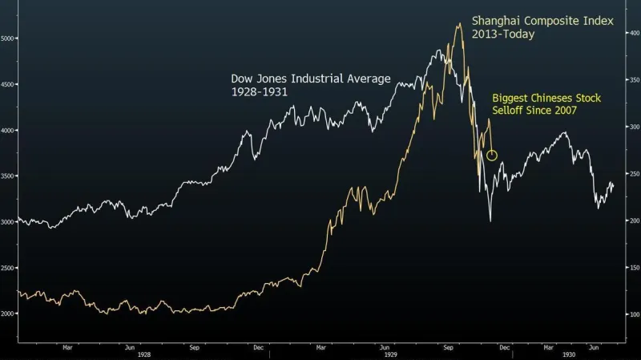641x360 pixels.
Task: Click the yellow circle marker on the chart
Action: point(492,155)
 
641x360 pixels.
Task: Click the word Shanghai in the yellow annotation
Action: point(495,19)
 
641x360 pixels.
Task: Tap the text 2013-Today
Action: point(503,34)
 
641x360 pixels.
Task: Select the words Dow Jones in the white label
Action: point(258,79)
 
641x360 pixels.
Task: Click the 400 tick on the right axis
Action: point(633,33)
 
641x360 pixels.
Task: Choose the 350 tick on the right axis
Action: point(633,80)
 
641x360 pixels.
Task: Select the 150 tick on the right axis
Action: point(633,268)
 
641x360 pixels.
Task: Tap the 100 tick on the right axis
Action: point(633,314)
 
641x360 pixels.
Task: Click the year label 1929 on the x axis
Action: point(390,354)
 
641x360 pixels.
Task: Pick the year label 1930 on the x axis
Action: point(568,354)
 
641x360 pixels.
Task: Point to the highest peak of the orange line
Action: point(459,24)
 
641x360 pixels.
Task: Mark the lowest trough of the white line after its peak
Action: point(490,220)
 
